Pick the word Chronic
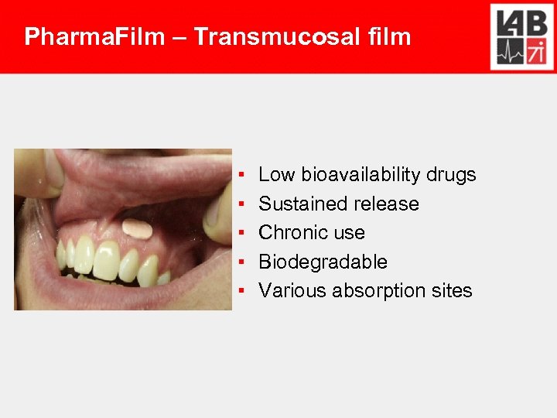(291, 233)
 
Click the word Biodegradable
(323, 262)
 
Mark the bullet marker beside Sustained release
(242, 204)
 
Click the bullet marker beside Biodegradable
(242, 262)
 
